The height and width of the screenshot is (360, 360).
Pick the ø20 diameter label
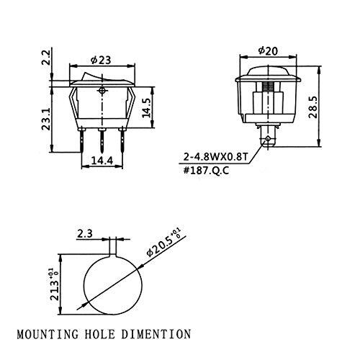(266, 51)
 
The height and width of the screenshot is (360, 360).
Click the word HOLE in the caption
(110, 334)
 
